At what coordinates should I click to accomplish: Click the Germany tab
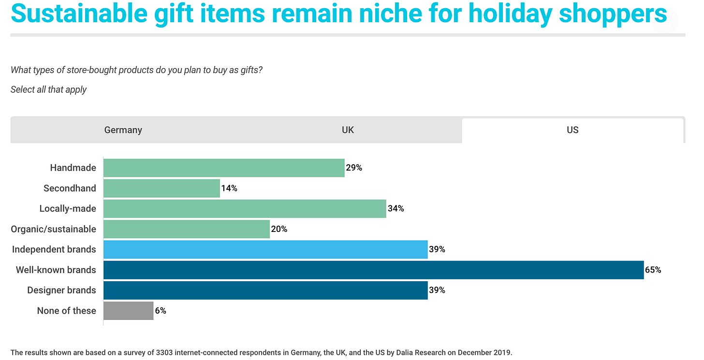(123, 130)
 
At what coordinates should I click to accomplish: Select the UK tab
(348, 130)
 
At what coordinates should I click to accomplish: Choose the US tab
(572, 130)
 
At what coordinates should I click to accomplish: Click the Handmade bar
(224, 168)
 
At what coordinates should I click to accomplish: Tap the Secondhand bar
(161, 188)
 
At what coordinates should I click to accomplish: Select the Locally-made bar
(245, 209)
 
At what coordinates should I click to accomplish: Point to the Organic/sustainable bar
(187, 229)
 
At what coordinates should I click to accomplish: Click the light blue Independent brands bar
(265, 249)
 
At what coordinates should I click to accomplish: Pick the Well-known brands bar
(373, 270)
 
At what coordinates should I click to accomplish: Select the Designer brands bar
(265, 290)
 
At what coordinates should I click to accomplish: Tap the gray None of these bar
(128, 311)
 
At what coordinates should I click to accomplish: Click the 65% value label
(653, 270)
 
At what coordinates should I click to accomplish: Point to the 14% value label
(229, 188)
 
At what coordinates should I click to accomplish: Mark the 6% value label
(161, 311)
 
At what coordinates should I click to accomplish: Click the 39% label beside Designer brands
(437, 290)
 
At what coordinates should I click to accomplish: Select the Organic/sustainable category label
(54, 229)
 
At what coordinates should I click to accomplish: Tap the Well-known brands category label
(56, 270)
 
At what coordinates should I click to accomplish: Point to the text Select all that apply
(49, 89)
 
